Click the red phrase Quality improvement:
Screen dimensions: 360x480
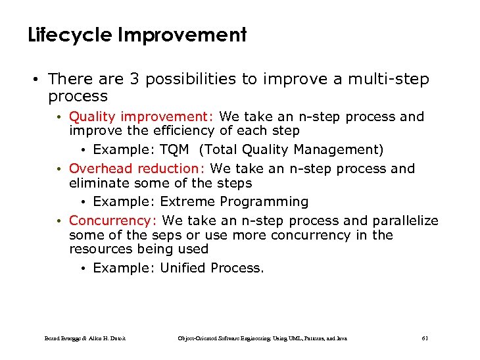(141, 116)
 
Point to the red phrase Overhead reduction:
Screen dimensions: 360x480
(137, 168)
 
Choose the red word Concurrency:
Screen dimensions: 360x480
(112, 220)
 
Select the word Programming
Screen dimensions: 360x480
(264, 201)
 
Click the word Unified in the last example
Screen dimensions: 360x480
(183, 268)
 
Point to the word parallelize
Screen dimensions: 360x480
(405, 220)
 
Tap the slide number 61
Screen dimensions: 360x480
(424, 338)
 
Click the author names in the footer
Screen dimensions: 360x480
(85, 338)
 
